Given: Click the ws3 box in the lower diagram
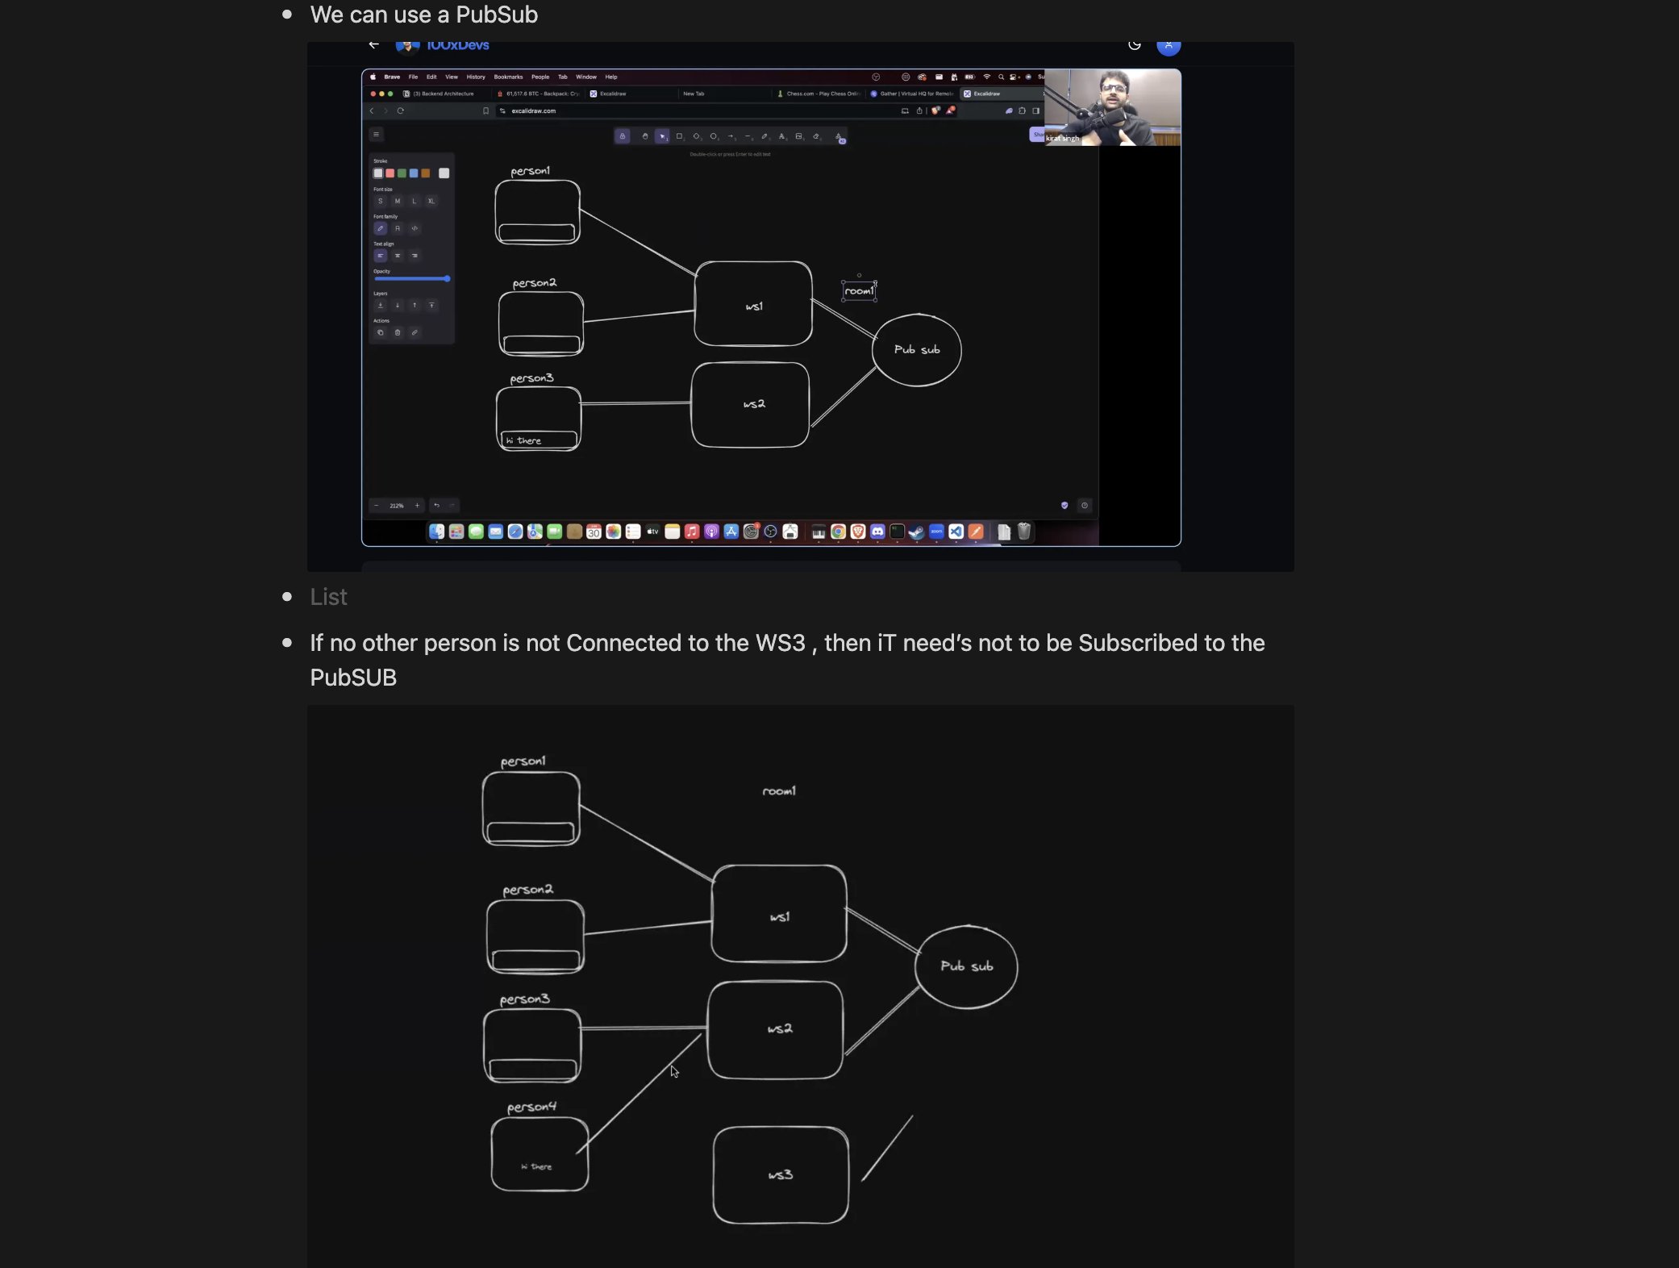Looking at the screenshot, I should click(780, 1174).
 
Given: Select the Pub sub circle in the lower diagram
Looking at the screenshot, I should click(966, 966).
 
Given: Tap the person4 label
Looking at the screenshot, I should click(531, 1107).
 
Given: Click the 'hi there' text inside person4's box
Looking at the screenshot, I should click(537, 1166).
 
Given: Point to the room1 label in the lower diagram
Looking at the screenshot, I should click(779, 791).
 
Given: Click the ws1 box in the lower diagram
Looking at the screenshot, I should click(779, 914).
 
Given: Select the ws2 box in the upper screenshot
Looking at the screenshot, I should click(751, 404).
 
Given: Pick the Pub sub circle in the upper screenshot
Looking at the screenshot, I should click(917, 350).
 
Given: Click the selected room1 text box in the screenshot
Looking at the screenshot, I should click(859, 291).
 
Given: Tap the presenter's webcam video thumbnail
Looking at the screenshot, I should click(1112, 107).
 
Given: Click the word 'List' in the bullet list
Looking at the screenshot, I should click(328, 597).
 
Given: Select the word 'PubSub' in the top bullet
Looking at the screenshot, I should click(497, 15).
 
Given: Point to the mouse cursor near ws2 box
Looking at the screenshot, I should click(674, 1071).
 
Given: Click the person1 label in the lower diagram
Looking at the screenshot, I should click(523, 761).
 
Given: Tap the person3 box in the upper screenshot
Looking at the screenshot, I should click(539, 419).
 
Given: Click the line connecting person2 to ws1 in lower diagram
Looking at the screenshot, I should click(648, 928).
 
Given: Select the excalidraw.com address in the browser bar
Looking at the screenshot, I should click(533, 111).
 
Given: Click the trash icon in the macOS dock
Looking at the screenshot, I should click(1024, 532).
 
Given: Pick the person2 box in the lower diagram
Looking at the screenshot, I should click(535, 936).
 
